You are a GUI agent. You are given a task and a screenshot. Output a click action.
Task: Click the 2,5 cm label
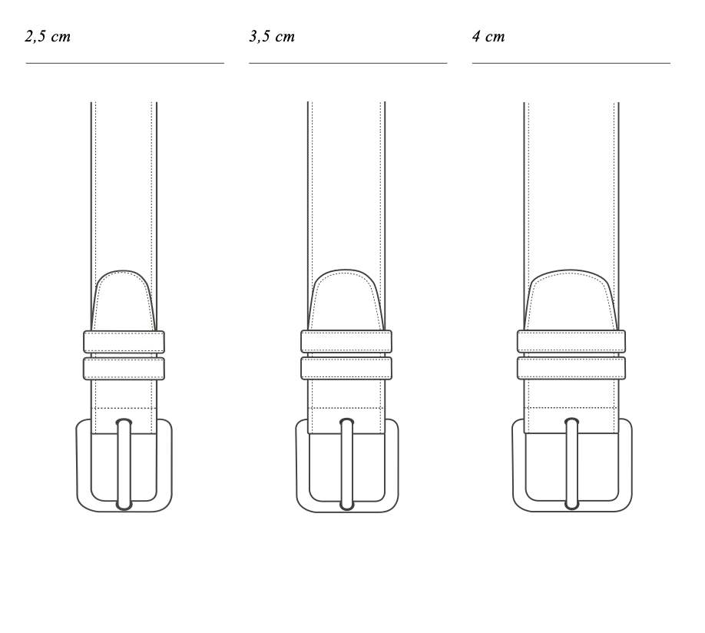coord(48,36)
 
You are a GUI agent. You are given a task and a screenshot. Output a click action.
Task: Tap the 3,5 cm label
coord(272,36)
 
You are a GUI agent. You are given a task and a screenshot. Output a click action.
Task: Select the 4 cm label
coord(488,36)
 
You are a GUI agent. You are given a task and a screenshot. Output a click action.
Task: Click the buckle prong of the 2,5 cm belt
coord(124,464)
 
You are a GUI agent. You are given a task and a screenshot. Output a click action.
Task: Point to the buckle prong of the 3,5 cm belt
coord(346,464)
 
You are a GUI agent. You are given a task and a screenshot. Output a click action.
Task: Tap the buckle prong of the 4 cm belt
coord(571,464)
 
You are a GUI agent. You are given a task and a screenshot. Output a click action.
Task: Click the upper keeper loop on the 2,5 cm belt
coord(124,342)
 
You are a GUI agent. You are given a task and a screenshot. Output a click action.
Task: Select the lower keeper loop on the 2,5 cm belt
coord(124,369)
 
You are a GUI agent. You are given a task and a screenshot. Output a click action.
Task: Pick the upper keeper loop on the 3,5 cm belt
coord(346,342)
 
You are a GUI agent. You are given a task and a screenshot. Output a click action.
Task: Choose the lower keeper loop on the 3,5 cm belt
coord(346,368)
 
